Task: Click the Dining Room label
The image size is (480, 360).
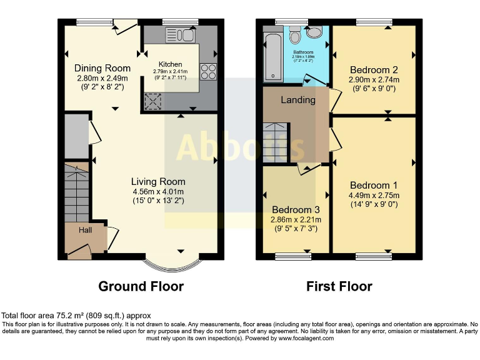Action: [102, 68]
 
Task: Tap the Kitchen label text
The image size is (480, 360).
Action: [170, 64]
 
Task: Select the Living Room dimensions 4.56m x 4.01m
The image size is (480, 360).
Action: [158, 191]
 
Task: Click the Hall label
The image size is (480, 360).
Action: [84, 231]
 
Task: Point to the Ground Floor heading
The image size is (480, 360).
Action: [141, 286]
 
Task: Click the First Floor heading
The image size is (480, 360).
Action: [339, 286]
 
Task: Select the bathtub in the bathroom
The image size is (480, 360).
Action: [272, 57]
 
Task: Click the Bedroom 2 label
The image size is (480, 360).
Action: [374, 70]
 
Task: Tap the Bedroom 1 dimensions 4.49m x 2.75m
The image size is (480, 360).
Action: [374, 196]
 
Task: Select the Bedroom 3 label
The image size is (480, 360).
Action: [295, 209]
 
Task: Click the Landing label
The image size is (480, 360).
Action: [297, 100]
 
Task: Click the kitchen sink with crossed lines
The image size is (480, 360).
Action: [152, 101]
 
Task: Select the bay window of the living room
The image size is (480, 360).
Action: [166, 262]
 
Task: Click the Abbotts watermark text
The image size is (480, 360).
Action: [240, 147]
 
